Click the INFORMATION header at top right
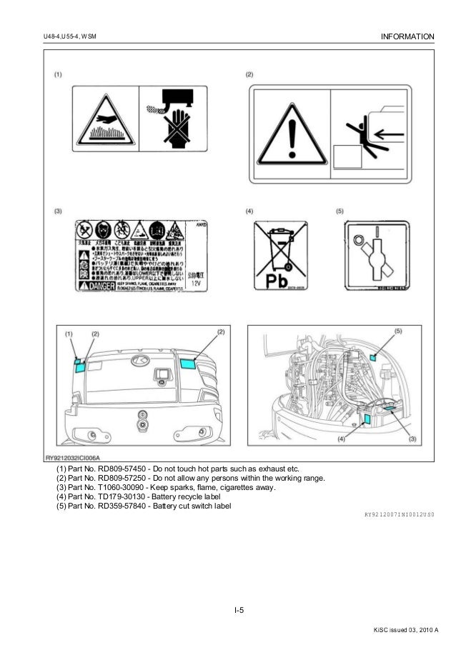408,36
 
